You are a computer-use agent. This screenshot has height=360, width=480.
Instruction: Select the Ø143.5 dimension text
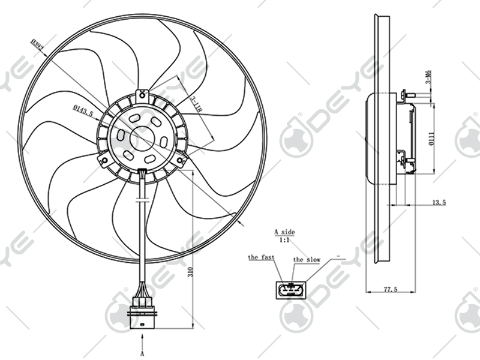pyautogui.click(x=83, y=110)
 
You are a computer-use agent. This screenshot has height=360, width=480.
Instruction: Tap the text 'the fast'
pyautogui.click(x=262, y=257)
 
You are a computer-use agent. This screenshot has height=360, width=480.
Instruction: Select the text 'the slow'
pyautogui.click(x=306, y=260)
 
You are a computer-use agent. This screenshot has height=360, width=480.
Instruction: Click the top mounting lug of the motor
pyautogui.click(x=142, y=94)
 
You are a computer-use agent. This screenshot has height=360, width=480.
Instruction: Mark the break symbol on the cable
pyautogui.click(x=142, y=199)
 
